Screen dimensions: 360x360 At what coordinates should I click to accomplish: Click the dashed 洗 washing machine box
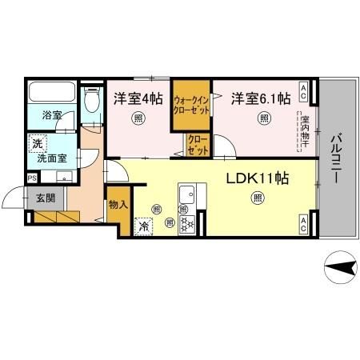tap(36, 144)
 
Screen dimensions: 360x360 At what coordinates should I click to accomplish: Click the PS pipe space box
tap(32, 178)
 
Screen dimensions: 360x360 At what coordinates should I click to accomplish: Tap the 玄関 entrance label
tap(44, 197)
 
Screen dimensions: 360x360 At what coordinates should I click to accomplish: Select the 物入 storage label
tap(117, 205)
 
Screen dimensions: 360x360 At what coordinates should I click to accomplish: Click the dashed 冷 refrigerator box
tap(143, 226)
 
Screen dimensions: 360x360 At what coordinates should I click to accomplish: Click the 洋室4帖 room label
tap(139, 98)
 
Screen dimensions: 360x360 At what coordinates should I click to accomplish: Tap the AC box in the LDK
tap(305, 224)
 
